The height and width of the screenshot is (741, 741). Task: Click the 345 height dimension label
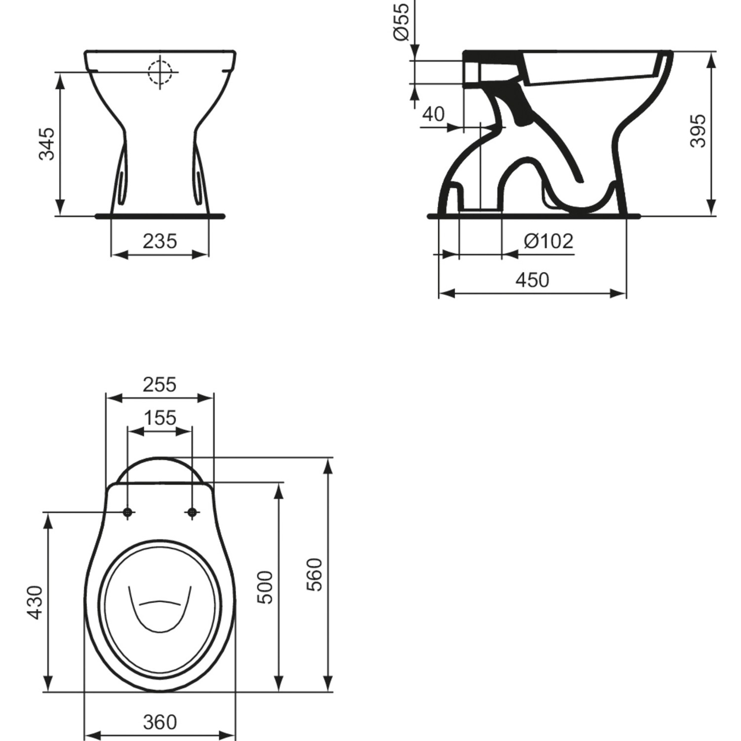tap(47, 144)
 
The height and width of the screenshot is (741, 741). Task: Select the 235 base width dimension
tap(160, 242)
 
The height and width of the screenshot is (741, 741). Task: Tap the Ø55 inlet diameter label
tap(401, 21)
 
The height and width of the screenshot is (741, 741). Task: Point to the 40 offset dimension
tap(433, 114)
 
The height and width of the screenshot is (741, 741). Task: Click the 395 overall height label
tap(698, 131)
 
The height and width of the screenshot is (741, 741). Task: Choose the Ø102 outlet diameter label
tap(548, 241)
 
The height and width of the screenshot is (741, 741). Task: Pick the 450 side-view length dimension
tap(532, 280)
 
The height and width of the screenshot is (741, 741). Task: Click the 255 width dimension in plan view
tap(160, 384)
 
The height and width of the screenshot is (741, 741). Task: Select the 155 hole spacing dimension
tap(160, 418)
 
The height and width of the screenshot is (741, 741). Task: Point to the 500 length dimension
tap(266, 587)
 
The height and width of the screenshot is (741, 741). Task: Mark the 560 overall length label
tap(315, 575)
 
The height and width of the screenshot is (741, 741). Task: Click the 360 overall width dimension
tap(160, 722)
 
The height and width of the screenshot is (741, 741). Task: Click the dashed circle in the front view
tap(160, 72)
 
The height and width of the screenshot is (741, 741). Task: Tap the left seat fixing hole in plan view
tap(128, 513)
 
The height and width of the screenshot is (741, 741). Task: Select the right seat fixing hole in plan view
tap(192, 513)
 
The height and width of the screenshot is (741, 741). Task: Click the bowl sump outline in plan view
tap(160, 610)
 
